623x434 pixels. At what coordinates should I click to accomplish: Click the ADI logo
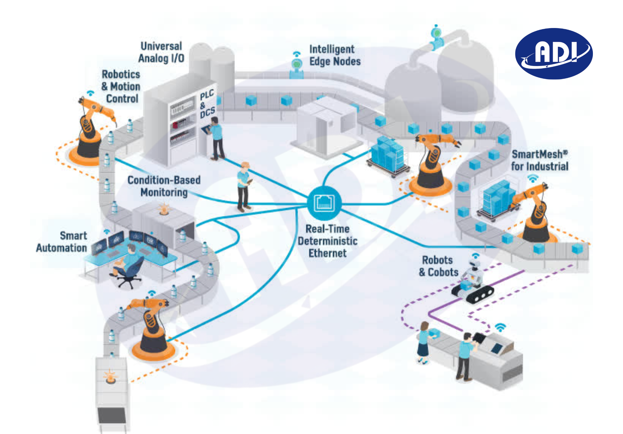pos(554,54)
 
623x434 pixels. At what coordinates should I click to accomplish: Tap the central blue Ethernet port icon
pos(325,202)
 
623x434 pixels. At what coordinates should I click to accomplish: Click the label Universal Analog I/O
pos(161,52)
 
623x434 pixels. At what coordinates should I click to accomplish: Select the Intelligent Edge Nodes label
pos(335,55)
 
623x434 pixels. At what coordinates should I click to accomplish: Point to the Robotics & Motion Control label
pos(121,86)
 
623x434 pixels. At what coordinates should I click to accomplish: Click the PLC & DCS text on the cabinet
pos(207,104)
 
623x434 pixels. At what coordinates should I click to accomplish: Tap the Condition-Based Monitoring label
pos(164,186)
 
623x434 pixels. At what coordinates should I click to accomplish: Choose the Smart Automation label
pos(62,242)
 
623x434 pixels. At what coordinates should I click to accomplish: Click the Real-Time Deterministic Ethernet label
pos(327,241)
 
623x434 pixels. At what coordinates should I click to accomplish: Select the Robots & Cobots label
pos(438,266)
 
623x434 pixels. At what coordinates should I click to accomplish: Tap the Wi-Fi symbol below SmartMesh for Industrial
pos(533,178)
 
